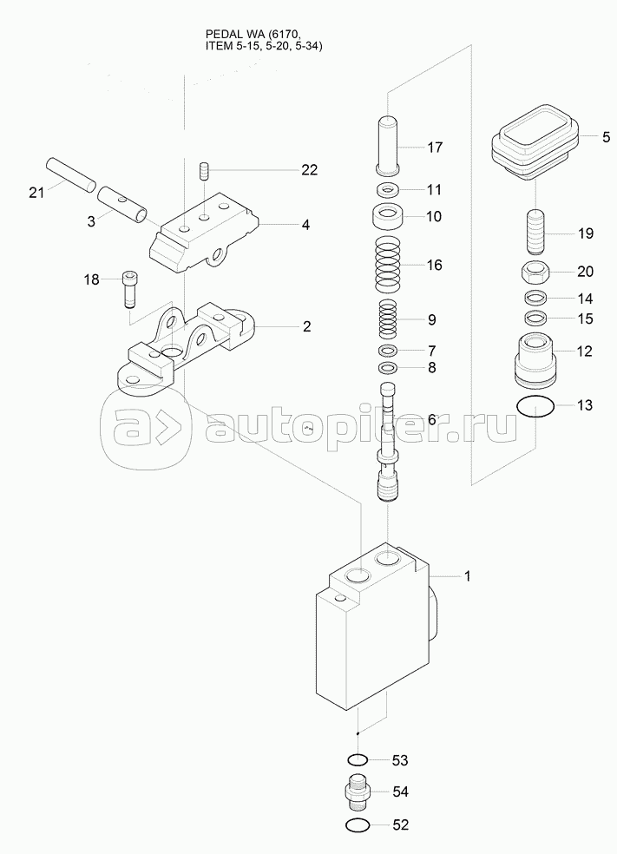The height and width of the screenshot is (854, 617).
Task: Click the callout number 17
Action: pos(435,147)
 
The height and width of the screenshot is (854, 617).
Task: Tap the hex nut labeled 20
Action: pos(535,271)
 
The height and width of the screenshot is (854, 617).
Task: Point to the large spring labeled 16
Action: pos(388,266)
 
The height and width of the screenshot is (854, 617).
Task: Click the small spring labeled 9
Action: pos(388,319)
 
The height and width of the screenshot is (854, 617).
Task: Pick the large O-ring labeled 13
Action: pos(535,406)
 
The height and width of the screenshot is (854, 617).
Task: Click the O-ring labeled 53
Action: pos(357,759)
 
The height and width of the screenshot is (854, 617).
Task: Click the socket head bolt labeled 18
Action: pos(129,289)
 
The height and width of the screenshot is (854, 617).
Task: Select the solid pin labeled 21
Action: pos(71,174)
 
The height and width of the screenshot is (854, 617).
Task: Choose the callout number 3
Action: pos(91,221)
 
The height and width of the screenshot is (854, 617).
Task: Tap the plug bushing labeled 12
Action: pos(535,359)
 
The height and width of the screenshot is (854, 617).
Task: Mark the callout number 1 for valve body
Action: pos(467,575)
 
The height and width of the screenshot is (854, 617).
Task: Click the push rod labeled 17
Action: pos(388,145)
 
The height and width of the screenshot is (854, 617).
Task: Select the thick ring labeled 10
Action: pos(388,218)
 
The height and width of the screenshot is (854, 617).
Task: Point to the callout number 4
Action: pos(305,225)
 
